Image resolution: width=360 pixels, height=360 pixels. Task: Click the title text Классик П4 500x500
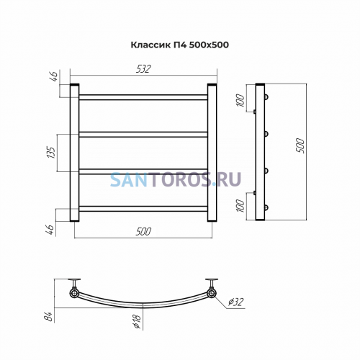tap(179, 45)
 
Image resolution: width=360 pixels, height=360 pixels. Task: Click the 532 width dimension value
tap(143, 69)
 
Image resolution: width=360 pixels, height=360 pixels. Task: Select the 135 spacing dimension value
tap(51, 152)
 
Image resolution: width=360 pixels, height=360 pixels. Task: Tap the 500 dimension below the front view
tap(143, 232)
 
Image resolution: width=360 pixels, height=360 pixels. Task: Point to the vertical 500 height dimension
tap(300, 145)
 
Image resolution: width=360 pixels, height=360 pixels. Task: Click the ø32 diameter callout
tap(235, 302)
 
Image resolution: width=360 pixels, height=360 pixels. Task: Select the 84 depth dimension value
tap(48, 317)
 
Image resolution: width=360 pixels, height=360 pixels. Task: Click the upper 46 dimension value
tap(54, 76)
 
